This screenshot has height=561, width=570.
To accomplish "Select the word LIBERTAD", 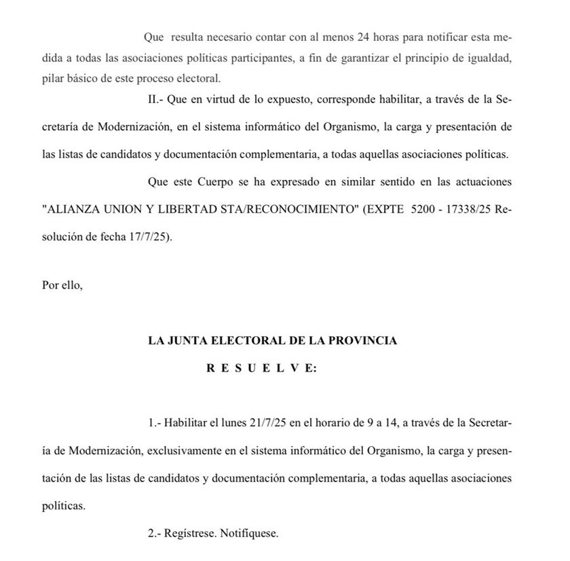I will pos(202,210).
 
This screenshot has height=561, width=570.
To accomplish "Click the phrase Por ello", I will pos(62,286).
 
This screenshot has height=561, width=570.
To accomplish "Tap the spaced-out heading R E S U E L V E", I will pos(261,368).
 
